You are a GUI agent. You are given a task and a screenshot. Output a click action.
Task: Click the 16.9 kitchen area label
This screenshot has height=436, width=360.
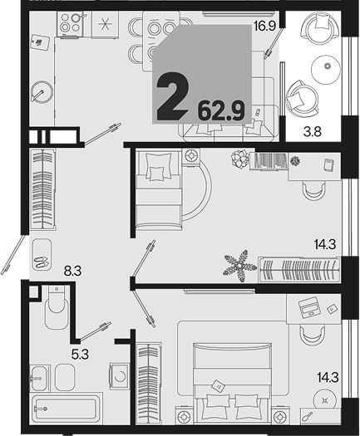pyautogui.click(x=264, y=27)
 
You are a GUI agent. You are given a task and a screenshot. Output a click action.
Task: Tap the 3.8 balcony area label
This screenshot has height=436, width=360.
pyautogui.click(x=313, y=131)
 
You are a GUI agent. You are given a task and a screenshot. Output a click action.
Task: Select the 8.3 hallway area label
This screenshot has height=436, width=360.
pyautogui.click(x=72, y=271)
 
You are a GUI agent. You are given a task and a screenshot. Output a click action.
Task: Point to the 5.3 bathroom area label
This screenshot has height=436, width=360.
pyautogui.click(x=80, y=355)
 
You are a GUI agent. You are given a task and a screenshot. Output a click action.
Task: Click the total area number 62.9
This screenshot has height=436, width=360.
pyautogui.click(x=221, y=111)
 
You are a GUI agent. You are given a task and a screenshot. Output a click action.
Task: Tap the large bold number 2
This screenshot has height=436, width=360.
pyautogui.click(x=173, y=97)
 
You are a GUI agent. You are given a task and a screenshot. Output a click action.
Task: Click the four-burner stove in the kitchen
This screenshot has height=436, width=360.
pyautogui.click(x=71, y=23)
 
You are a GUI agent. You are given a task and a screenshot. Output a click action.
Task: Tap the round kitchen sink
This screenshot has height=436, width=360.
pyautogui.click(x=42, y=92)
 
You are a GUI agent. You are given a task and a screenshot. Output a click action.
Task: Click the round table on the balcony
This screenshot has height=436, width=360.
pyautogui.click(x=325, y=66)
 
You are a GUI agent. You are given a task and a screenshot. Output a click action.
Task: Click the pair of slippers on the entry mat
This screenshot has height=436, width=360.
pyautogui.click(x=42, y=262)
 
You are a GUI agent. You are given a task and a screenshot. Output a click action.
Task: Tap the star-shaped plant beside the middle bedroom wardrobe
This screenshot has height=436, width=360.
pyautogui.click(x=240, y=266)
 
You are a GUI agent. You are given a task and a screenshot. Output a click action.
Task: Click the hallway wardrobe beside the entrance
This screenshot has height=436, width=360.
pyautogui.click(x=43, y=189)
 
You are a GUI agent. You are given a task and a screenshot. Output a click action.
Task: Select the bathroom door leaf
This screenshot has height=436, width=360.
pyautogui.click(x=96, y=331)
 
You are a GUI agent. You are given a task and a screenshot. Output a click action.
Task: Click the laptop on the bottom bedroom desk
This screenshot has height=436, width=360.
pyautogui.click(x=308, y=307)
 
